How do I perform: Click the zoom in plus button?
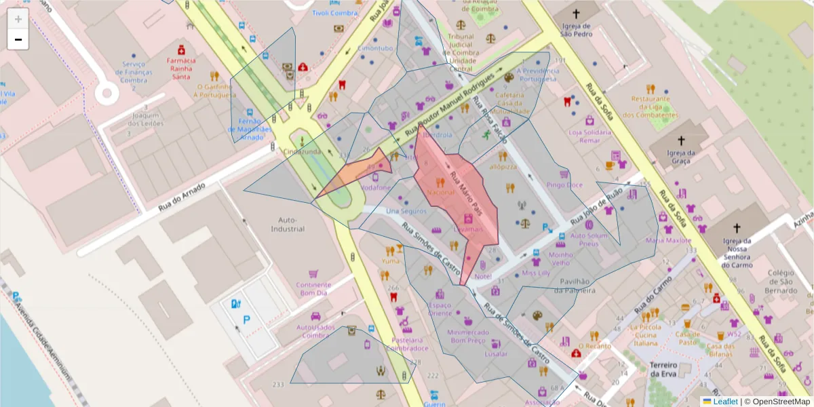click(x=18, y=19)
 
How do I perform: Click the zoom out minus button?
click(x=18, y=39)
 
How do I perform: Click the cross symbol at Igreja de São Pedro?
click(x=577, y=14)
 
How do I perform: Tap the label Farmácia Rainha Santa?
click(x=181, y=68)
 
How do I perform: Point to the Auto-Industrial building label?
click(x=288, y=225)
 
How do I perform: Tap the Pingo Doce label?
click(x=564, y=185)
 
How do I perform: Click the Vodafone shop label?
click(x=376, y=187)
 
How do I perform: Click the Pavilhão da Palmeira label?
click(x=574, y=286)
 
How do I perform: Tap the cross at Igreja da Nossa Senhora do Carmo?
click(x=737, y=229)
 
